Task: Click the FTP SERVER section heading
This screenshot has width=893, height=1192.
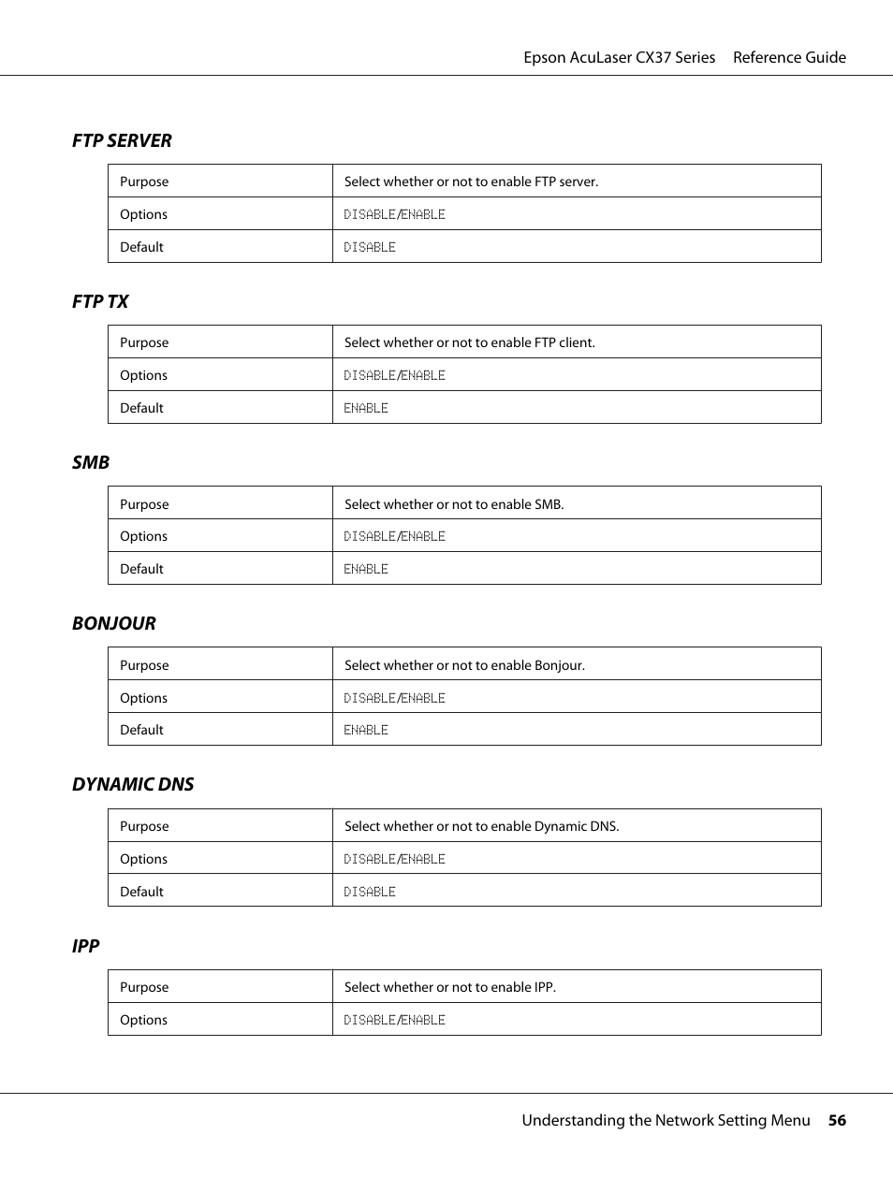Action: point(122,140)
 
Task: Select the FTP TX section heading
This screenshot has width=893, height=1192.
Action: point(100,301)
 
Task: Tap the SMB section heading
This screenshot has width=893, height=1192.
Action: point(91,462)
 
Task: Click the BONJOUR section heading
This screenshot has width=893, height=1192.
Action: point(114,623)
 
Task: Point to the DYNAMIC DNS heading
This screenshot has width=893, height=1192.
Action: point(133,784)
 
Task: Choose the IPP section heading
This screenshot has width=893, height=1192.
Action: point(85,946)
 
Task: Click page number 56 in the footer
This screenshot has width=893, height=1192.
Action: point(836,1120)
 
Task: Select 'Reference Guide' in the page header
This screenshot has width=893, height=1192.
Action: point(789,57)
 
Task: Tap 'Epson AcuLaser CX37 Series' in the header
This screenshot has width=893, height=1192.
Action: point(619,57)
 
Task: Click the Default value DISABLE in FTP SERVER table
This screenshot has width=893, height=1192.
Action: point(370,247)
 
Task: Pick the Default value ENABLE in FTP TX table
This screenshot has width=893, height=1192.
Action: point(366,408)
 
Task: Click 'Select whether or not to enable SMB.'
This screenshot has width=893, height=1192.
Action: point(454,504)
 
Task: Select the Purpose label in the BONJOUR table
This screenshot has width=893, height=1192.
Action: point(144,665)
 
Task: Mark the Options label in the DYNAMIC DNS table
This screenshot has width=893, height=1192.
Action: point(143,859)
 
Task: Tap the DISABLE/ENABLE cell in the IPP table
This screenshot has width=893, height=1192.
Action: point(394,1020)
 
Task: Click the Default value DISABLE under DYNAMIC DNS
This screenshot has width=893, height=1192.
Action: point(370,892)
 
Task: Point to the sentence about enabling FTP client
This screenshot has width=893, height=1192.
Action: point(469,342)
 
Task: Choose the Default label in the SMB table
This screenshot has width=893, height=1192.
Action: point(141,569)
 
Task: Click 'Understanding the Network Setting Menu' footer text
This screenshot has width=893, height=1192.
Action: point(666,1120)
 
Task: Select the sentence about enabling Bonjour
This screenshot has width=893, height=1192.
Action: point(464,665)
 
